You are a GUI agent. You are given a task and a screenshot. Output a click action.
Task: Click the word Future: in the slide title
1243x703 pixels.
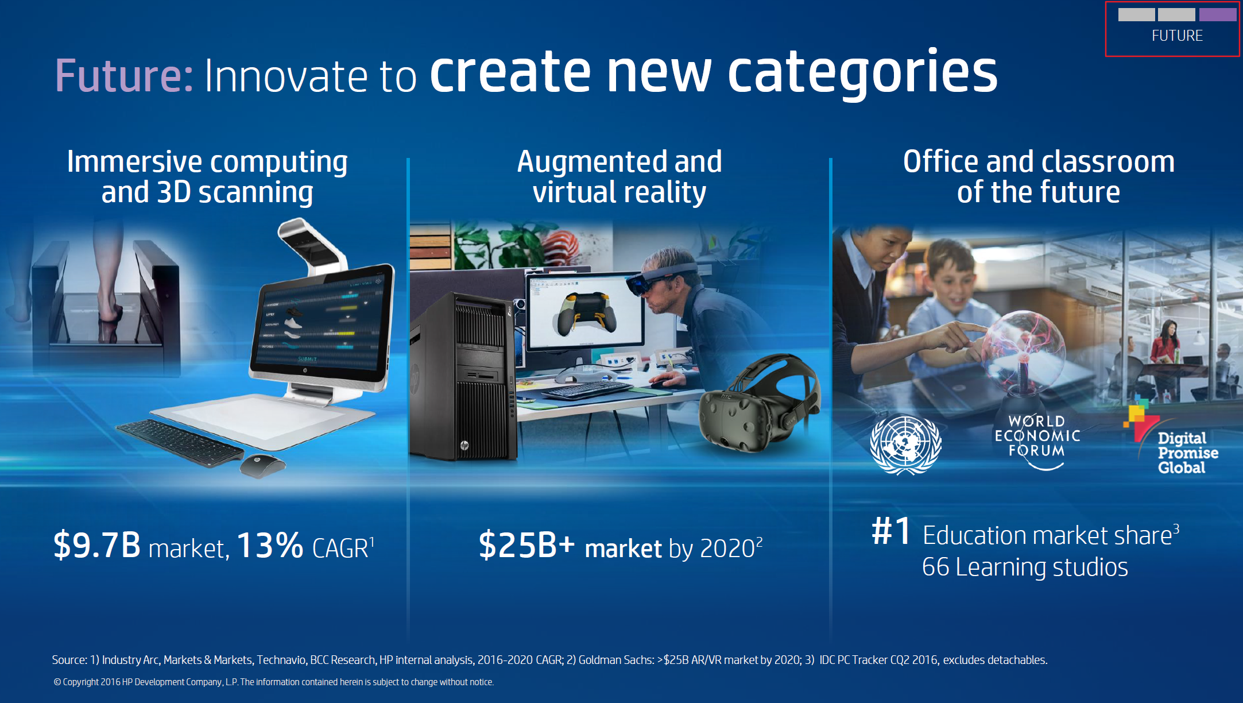124,76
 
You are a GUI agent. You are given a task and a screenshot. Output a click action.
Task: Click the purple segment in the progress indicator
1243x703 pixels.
1217,14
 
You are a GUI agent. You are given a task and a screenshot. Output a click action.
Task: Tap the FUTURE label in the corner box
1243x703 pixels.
1177,36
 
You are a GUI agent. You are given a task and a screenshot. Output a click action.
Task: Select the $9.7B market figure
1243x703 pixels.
96,544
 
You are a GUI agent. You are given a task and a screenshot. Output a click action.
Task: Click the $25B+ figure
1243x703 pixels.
526,544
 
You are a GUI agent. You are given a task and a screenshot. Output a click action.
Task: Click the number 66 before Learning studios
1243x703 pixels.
936,567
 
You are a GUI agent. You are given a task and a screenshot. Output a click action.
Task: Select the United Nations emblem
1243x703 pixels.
905,445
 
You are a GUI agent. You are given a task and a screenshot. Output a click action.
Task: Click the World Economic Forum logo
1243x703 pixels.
1037,441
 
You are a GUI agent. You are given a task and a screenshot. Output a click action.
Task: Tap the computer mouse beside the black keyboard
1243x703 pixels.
262,465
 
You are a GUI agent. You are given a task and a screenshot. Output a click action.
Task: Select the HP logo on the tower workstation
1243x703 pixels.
464,445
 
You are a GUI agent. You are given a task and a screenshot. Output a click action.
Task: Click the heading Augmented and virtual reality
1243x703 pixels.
619,176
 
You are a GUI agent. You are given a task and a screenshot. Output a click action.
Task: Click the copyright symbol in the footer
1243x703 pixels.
57,682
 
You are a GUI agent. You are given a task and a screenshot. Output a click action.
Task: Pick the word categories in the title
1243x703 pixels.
863,73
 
